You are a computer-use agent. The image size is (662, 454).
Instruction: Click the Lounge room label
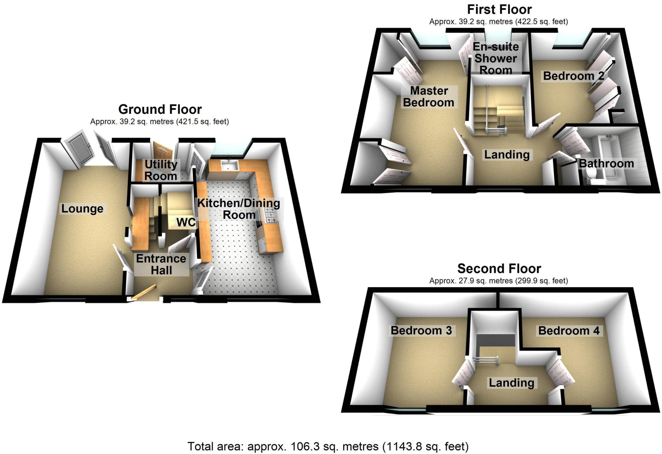[x=82, y=209]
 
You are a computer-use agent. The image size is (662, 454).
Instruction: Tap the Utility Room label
[x=161, y=170]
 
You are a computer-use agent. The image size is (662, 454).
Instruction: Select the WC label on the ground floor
[x=186, y=222]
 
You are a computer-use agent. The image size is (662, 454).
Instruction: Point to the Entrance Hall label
[x=161, y=264]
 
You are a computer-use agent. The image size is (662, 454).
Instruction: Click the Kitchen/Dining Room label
[x=239, y=209]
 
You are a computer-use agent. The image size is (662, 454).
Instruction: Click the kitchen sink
[x=230, y=165]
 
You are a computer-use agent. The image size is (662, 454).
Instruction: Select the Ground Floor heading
[x=160, y=109]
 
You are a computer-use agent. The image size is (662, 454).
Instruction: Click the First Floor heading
[x=499, y=10]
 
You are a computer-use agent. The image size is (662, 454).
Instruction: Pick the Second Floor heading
[x=499, y=269]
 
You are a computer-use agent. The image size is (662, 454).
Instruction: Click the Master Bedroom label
[x=429, y=97]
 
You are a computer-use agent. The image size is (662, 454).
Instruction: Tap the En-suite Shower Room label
[x=496, y=58]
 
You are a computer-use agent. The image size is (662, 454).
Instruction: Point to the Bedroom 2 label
[x=573, y=76]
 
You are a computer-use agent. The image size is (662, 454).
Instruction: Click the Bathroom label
[x=606, y=163]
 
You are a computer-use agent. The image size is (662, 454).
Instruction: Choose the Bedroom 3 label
[x=421, y=331]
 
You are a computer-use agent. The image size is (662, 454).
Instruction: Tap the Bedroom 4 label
[x=569, y=331]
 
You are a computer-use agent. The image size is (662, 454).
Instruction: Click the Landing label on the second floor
[x=511, y=383]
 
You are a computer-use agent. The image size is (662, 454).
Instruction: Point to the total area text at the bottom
[x=328, y=447]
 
